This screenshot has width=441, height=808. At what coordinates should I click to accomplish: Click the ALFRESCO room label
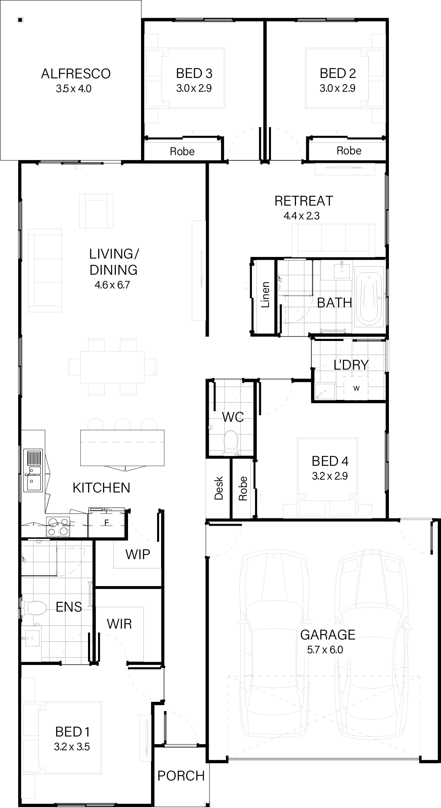76,74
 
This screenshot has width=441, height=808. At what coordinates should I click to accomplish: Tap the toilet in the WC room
231,441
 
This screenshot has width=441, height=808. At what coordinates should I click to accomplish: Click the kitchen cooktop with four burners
58,527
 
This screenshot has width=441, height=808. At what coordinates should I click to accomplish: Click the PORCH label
181,775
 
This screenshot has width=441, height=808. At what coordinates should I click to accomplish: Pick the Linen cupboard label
265,295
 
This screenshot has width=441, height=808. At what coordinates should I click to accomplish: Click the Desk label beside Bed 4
218,488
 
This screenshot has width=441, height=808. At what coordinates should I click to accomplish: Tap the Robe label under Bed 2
349,151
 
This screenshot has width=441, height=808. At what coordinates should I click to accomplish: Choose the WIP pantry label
138,554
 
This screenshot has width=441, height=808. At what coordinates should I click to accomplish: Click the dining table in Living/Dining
112,367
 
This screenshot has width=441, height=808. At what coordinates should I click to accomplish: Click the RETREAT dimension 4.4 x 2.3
301,216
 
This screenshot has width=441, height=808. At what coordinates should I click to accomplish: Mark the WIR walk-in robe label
119,623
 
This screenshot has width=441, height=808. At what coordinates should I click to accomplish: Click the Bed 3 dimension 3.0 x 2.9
194,88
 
